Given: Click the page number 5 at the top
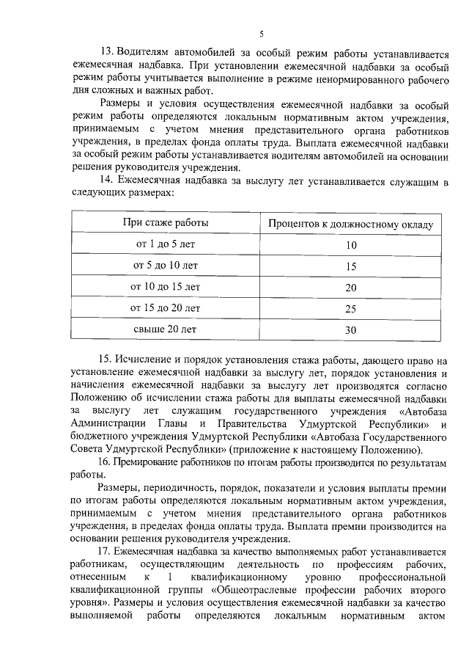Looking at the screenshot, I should (x=262, y=32).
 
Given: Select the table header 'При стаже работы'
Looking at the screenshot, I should (x=165, y=222).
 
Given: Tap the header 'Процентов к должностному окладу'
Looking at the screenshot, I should (x=350, y=223).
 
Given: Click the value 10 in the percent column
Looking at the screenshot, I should (x=350, y=245).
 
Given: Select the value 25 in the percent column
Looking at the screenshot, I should (x=350, y=309).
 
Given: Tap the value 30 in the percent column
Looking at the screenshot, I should (x=350, y=330).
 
